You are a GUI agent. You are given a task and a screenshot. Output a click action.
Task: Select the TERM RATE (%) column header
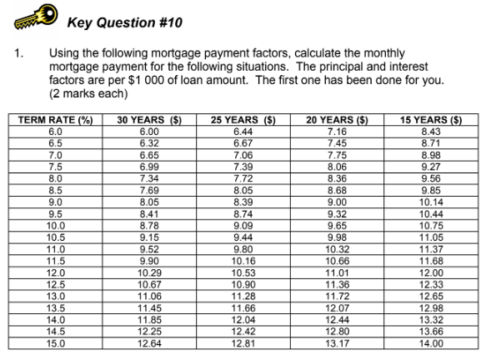56,122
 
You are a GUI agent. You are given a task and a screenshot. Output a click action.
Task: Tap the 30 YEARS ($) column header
149,122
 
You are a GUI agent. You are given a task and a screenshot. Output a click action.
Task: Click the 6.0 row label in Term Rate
56,132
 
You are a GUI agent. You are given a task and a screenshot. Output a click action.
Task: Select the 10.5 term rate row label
56,237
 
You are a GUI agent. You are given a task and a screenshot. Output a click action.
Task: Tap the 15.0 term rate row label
56,342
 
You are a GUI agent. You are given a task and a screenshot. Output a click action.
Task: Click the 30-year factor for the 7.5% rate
149,167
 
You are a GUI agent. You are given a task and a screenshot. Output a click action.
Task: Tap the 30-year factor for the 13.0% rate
149,295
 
